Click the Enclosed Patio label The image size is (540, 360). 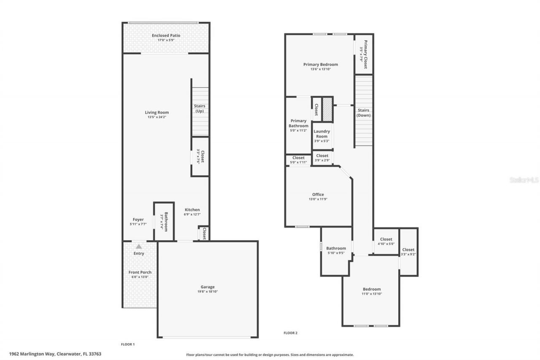[166, 35]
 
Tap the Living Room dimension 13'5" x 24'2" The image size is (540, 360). [157, 117]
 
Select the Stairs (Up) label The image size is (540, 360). [200, 108]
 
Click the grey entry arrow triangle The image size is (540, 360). [138, 246]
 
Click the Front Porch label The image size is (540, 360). [140, 272]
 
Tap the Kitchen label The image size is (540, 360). [192, 210]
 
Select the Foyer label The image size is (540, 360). [138, 219]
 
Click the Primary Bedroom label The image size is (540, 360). [320, 65]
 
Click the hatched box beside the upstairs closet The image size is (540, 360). [328, 110]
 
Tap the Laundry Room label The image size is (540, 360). [321, 134]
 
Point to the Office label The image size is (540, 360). [318, 195]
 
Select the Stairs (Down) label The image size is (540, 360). [363, 113]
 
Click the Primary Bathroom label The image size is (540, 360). [298, 123]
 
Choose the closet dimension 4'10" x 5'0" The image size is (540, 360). [386, 244]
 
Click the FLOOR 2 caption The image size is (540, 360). [290, 333]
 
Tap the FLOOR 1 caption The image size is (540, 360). [128, 344]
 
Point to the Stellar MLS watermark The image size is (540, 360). [524, 180]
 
